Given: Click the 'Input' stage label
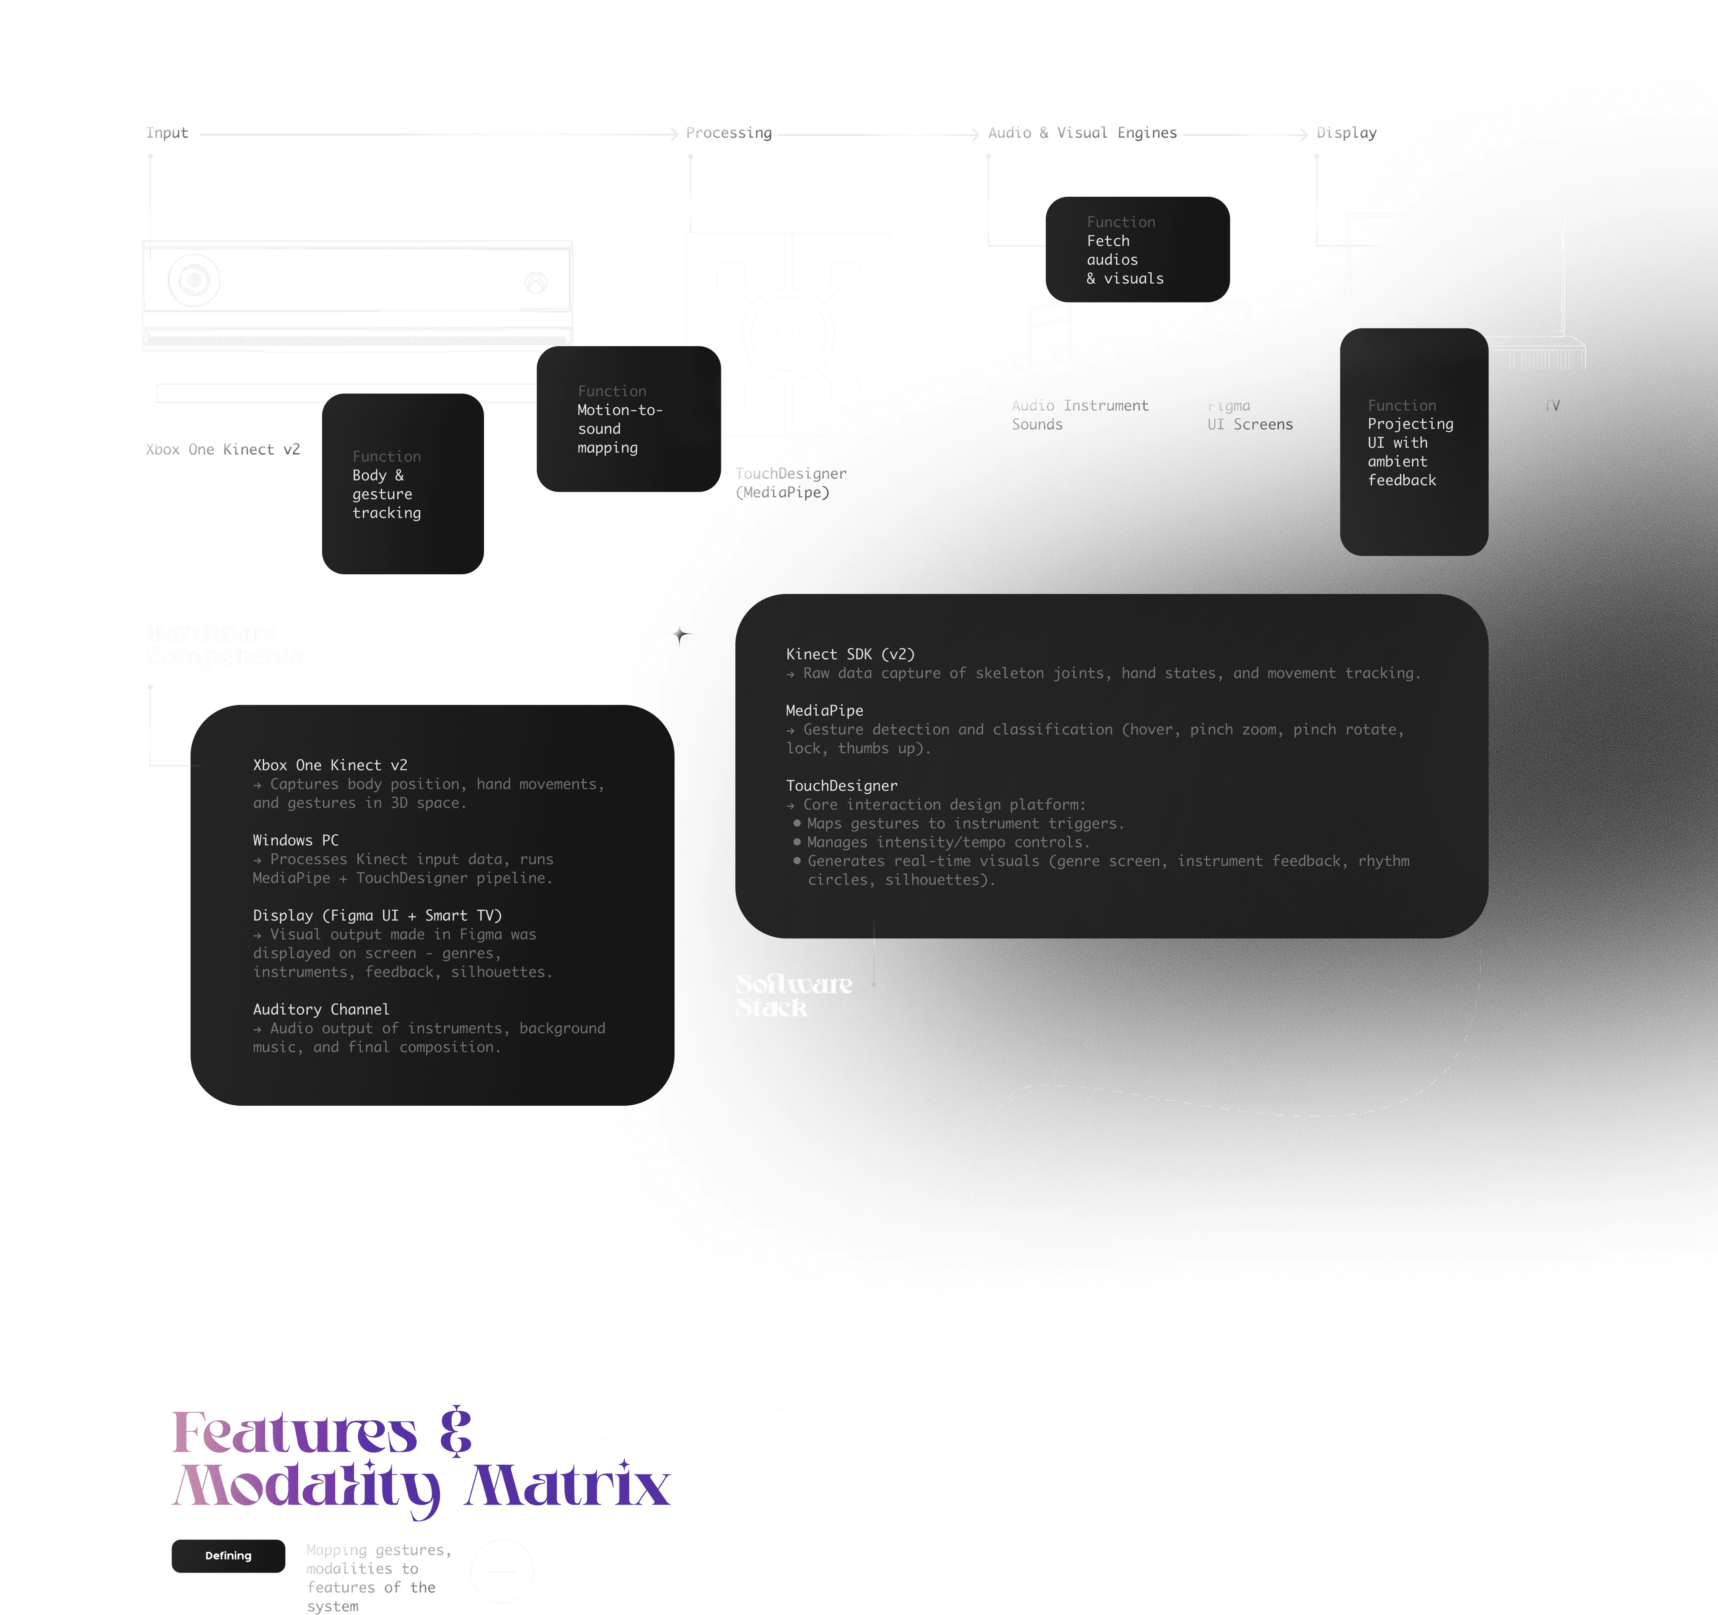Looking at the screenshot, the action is point(166,132).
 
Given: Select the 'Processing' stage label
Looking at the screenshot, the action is point(728,132).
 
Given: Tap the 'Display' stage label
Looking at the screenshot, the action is point(1346,132).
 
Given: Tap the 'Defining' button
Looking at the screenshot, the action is point(228,1555).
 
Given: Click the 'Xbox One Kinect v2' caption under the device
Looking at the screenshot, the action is point(222,449).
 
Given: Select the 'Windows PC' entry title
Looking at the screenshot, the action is point(296,840).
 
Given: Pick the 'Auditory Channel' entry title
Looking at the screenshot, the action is point(320,1009).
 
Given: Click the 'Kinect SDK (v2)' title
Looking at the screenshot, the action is point(849,654).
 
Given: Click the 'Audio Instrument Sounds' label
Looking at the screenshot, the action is point(1078,415).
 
